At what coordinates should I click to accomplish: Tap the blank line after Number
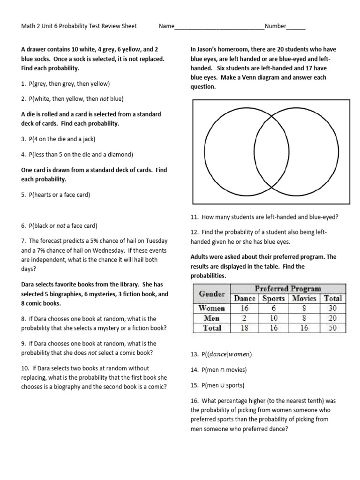[x=296, y=27]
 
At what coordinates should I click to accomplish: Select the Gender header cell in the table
[x=212, y=293]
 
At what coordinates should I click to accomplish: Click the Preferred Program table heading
[x=288, y=288]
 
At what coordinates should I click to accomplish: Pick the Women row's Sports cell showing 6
[x=273, y=308]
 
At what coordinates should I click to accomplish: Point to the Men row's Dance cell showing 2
[x=245, y=318]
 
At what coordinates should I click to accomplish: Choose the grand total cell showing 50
[x=332, y=328]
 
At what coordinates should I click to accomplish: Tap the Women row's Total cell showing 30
[x=332, y=308]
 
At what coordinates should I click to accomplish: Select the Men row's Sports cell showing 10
[x=273, y=318]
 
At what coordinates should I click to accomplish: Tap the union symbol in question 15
[x=221, y=385]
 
